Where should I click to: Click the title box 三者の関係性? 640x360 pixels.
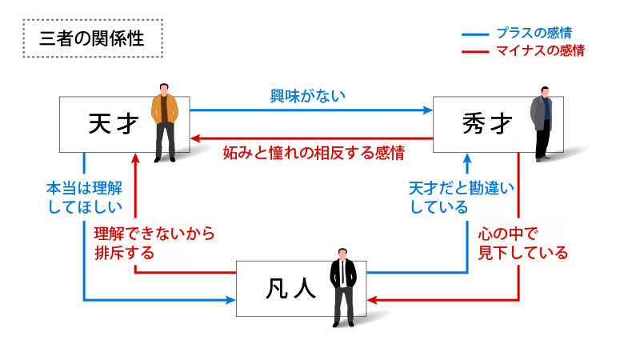click(92, 38)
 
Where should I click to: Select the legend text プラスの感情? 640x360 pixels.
click(534, 33)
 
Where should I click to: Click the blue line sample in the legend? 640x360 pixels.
click(475, 34)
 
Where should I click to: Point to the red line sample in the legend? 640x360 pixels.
click(475, 52)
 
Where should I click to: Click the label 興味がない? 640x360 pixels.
click(308, 97)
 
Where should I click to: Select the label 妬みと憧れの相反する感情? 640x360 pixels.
click(313, 151)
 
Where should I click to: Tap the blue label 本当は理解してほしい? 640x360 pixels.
click(84, 198)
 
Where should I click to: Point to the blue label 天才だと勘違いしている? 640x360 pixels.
click(461, 198)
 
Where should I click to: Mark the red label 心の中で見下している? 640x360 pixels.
click(522, 243)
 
